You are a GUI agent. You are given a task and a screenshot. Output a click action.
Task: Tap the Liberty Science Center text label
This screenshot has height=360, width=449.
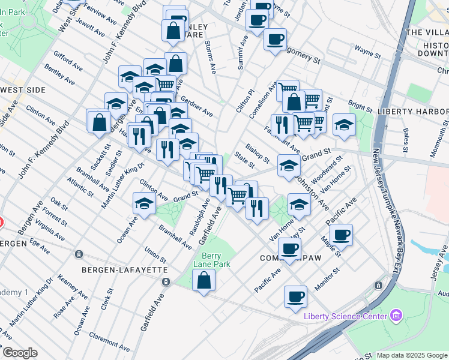pyautogui.click(x=345, y=316)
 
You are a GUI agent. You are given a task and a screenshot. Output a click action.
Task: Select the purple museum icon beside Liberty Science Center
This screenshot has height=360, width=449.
pyautogui.click(x=396, y=314)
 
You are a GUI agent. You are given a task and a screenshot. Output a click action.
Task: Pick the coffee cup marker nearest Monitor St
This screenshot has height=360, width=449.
pyautogui.click(x=295, y=296)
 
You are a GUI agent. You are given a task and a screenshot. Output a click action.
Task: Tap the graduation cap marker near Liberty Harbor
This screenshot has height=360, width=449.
pyautogui.click(x=345, y=124)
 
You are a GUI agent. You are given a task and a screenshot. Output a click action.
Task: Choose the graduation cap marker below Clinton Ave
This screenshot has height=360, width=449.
pyautogui.click(x=144, y=205)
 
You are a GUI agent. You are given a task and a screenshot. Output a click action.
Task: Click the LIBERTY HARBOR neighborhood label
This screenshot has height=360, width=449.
pyautogui.click(x=413, y=112)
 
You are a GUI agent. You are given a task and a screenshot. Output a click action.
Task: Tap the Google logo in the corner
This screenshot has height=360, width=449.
pyautogui.click(x=20, y=353)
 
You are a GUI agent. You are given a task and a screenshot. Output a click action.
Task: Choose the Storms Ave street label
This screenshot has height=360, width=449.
pyautogui.click(x=209, y=57)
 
